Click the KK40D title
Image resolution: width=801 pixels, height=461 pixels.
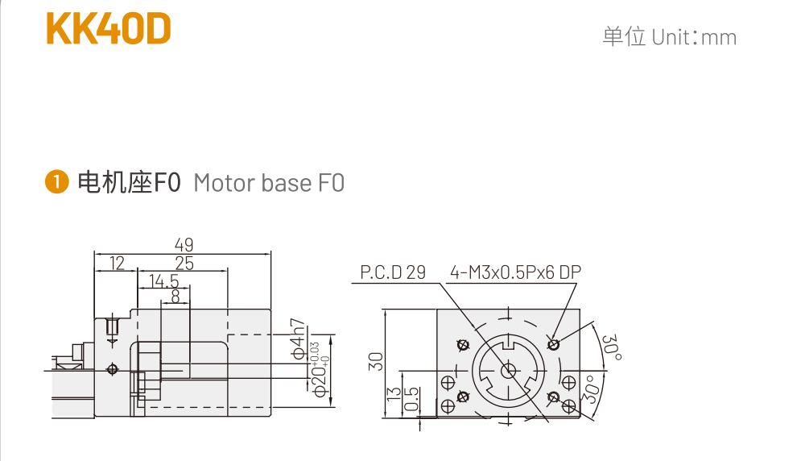tap(109, 30)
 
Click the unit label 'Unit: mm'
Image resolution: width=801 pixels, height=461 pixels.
tap(694, 37)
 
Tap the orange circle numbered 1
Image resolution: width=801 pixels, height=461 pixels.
tap(56, 182)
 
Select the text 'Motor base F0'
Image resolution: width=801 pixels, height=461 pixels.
tap(269, 183)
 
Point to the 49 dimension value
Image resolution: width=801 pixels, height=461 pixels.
tap(184, 244)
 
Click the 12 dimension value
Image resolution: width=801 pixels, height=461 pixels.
tap(118, 263)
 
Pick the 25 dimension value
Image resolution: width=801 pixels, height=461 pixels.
tap(184, 263)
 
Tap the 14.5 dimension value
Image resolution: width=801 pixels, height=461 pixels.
tap(163, 281)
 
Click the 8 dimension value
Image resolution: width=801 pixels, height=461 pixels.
tap(175, 297)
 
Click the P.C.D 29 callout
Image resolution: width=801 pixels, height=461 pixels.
tap(393, 272)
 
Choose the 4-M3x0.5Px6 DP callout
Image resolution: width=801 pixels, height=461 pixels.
tap(515, 272)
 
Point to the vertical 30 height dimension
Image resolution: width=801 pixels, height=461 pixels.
tap(375, 360)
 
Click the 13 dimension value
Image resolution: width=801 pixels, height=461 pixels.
tap(394, 394)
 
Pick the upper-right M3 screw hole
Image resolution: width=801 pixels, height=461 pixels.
tap(553, 344)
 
